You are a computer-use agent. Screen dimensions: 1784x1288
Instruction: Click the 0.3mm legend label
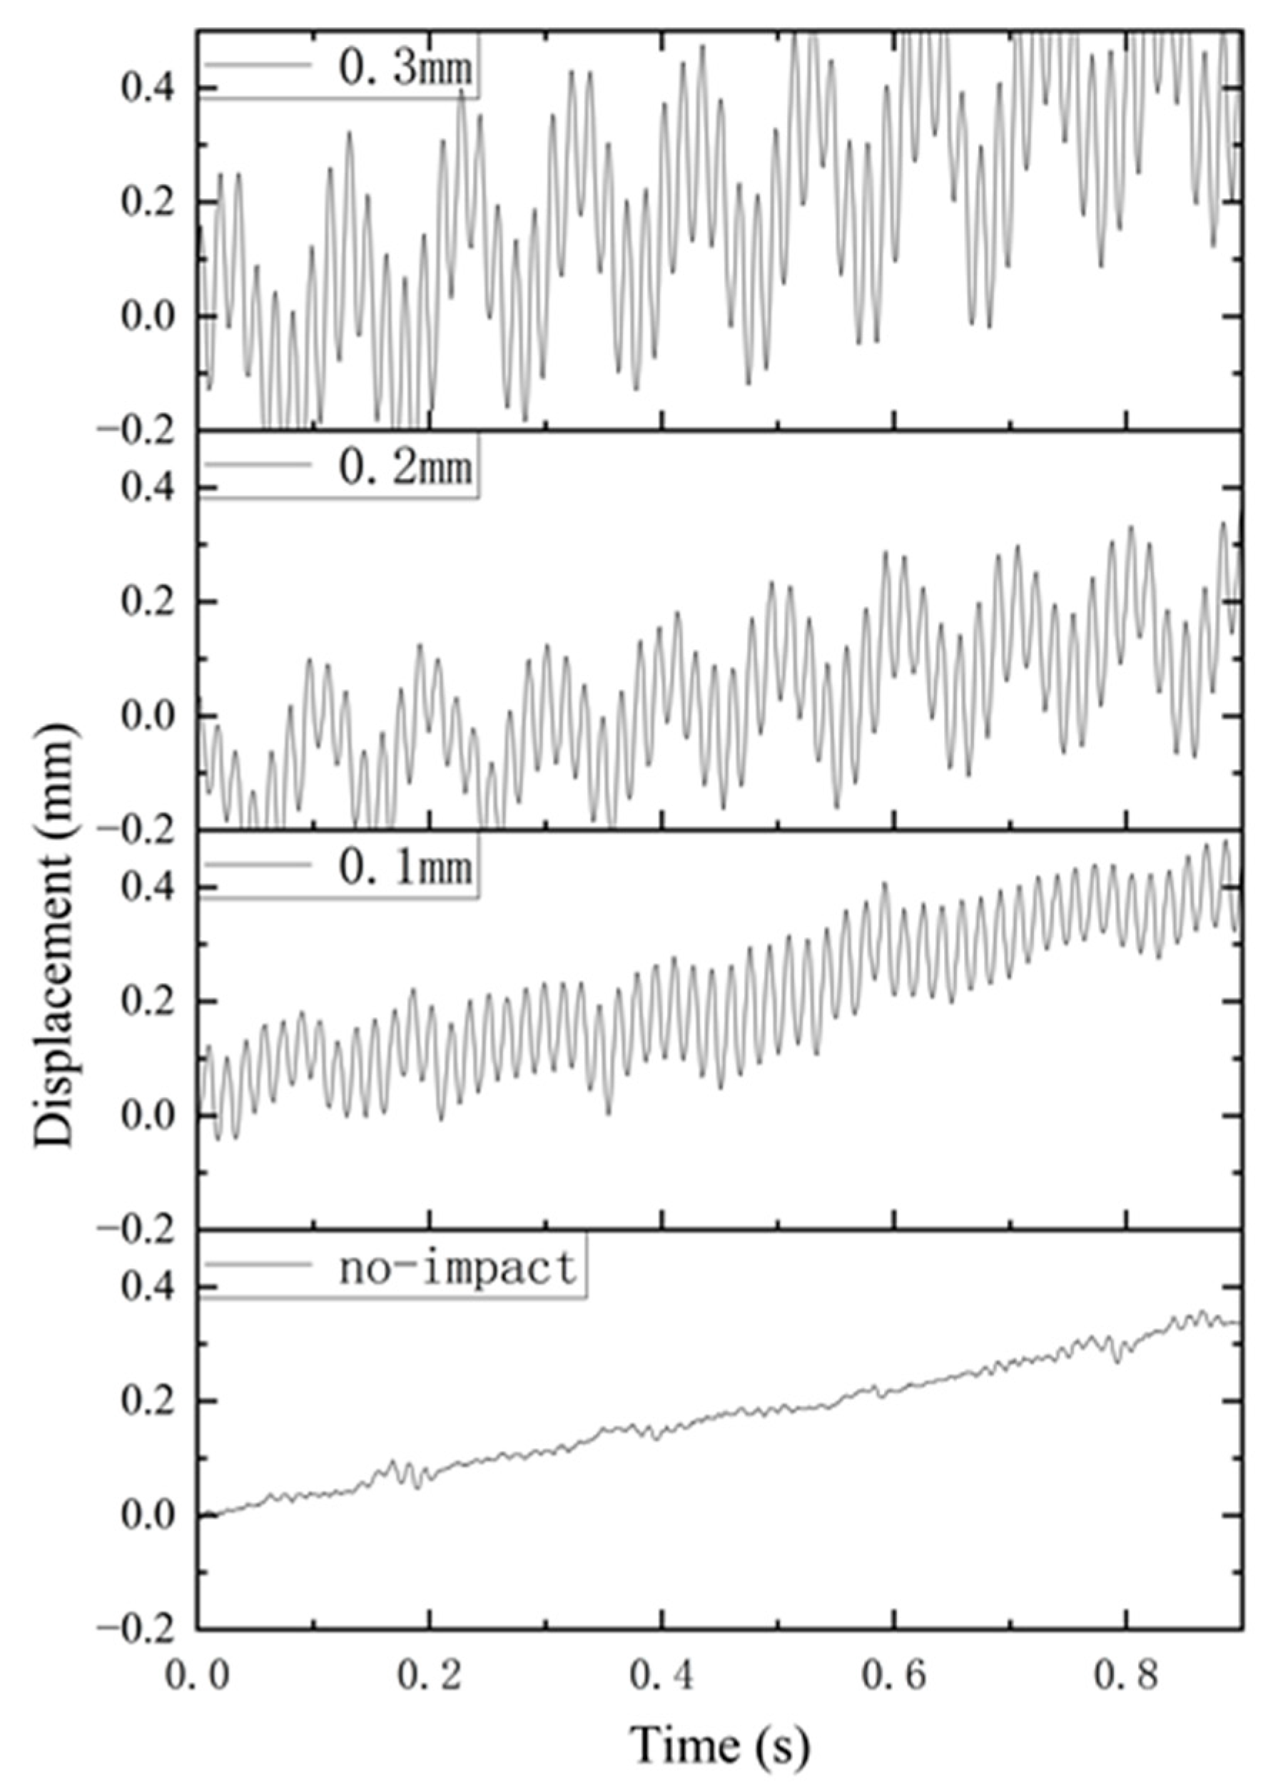pos(405,68)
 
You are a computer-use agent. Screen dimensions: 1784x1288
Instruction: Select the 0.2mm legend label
pos(405,467)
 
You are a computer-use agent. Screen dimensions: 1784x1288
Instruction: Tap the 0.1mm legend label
pos(405,867)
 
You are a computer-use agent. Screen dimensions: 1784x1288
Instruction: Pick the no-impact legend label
pos(458,1268)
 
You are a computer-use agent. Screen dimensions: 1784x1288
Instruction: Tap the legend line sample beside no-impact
pos(260,1265)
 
